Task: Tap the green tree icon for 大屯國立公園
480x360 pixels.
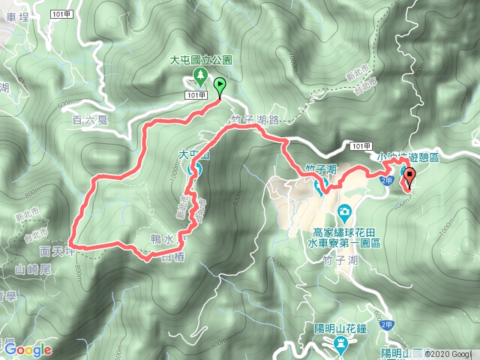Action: [201, 75]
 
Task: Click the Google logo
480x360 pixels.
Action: [27, 349]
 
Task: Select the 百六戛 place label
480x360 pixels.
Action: [91, 118]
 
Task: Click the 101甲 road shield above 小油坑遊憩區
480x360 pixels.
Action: [361, 145]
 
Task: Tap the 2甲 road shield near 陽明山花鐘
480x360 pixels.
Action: [385, 324]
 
